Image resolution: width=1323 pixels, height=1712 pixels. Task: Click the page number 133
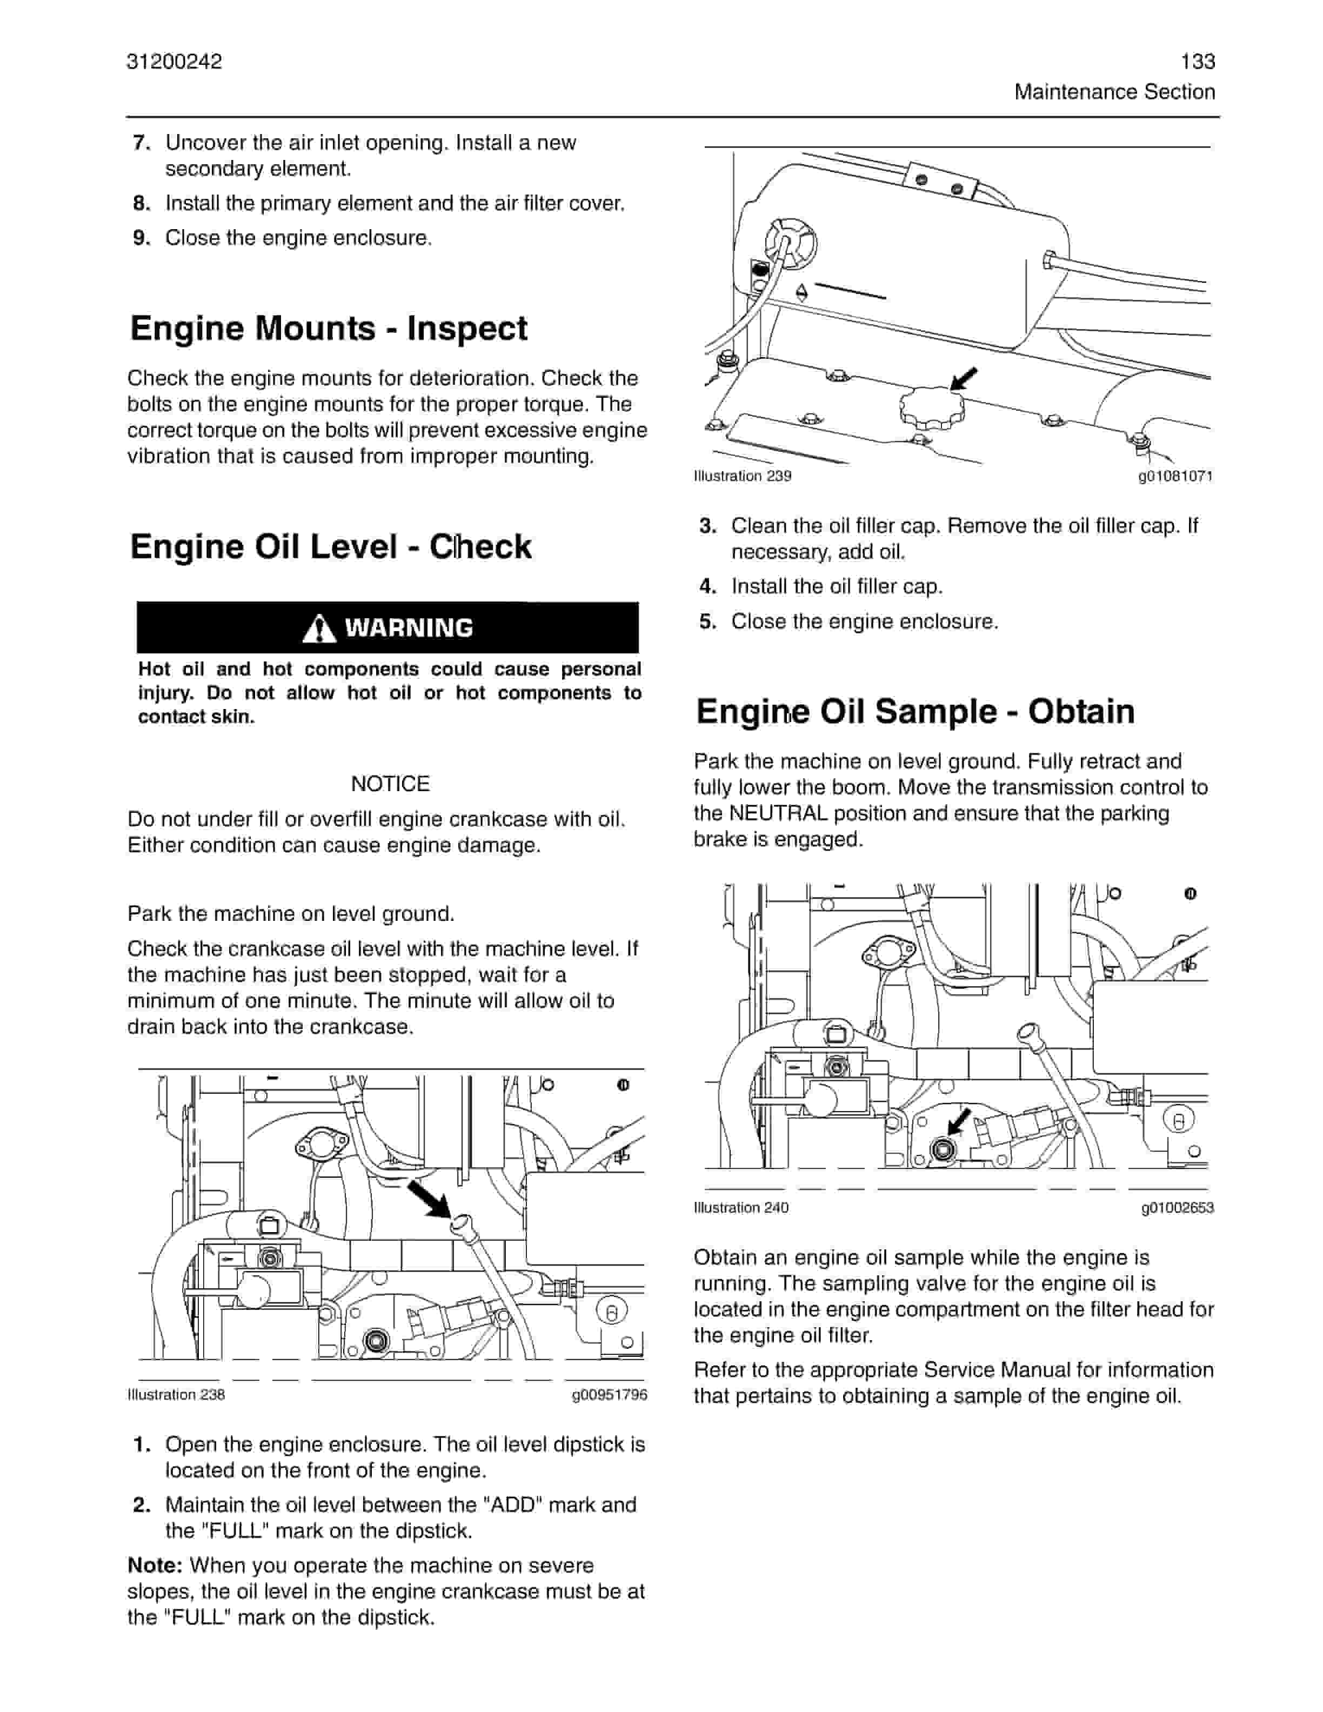coord(1197,61)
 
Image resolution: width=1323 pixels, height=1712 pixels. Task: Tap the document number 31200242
coord(174,61)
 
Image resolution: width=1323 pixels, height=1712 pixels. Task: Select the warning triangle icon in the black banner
coord(319,628)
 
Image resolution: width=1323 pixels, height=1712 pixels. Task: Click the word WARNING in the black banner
coord(409,628)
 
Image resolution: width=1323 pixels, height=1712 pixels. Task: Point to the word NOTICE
coord(390,784)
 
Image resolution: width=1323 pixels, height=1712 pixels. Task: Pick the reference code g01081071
coord(1175,476)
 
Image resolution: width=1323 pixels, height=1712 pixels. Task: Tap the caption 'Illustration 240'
coord(740,1208)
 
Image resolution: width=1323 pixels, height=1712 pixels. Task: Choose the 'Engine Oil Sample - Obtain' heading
coord(914,712)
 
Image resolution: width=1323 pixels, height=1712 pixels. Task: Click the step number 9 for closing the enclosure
coord(141,238)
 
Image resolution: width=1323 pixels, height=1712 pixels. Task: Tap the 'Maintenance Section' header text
coord(1114,92)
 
